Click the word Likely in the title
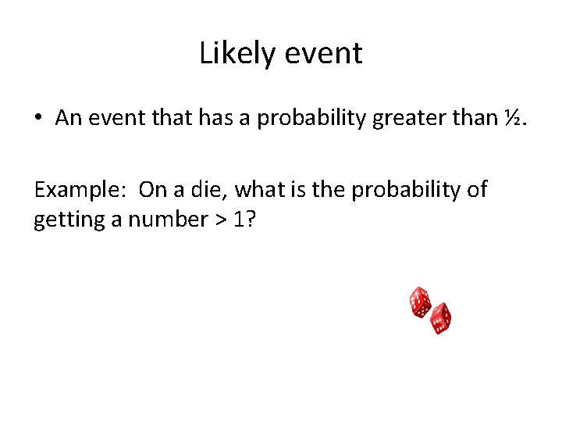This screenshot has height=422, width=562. (235, 54)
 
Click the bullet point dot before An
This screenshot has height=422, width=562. (38, 119)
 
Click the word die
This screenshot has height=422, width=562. (208, 189)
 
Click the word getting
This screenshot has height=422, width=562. (68, 220)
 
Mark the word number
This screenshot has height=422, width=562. (162, 220)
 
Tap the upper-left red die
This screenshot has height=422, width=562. (420, 302)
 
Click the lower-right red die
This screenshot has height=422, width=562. (440, 318)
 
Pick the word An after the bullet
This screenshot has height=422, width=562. (69, 118)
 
